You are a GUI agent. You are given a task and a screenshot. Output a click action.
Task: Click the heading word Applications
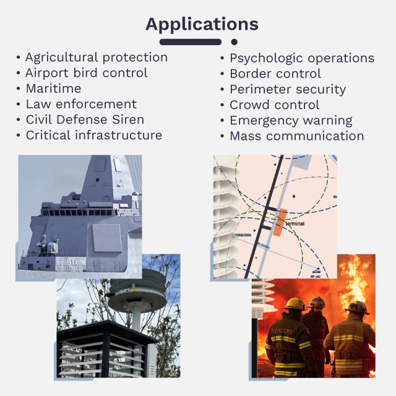click(x=201, y=24)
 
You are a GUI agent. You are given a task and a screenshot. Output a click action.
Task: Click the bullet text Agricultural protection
click(x=96, y=58)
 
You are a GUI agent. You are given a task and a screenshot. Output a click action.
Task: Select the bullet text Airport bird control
click(x=86, y=73)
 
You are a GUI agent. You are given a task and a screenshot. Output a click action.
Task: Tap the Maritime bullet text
click(x=53, y=88)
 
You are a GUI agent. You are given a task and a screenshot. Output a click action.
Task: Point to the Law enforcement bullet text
click(x=81, y=104)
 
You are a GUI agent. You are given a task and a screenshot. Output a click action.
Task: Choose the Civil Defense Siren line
click(x=85, y=119)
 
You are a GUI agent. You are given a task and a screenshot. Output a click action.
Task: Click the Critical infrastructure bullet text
click(x=93, y=135)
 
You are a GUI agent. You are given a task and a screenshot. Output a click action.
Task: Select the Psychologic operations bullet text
click(x=302, y=58)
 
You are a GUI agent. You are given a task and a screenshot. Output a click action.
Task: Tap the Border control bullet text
click(x=275, y=74)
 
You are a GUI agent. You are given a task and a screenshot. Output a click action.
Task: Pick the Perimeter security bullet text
click(x=288, y=89)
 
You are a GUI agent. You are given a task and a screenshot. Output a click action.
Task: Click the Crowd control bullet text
click(x=275, y=105)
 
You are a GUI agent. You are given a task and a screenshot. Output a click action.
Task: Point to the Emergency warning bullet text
click(x=291, y=120)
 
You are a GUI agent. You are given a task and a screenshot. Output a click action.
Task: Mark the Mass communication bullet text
click(x=297, y=136)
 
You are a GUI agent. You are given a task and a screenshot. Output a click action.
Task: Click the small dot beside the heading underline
click(x=234, y=42)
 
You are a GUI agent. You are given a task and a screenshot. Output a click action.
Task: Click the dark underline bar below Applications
click(x=190, y=42)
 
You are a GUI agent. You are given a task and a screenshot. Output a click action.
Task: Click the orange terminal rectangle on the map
click(x=281, y=222)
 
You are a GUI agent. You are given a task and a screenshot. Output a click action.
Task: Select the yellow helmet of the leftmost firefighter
click(x=295, y=304)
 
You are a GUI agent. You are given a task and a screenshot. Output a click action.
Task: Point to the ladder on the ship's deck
click(x=66, y=264)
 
